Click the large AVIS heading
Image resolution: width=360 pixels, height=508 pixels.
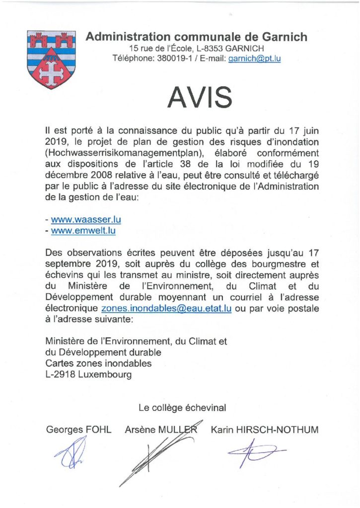point(200,97)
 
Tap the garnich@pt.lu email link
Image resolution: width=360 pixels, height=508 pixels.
point(254,58)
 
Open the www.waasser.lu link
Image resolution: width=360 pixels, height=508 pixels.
point(86,219)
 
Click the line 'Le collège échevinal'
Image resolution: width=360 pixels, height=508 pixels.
point(182,408)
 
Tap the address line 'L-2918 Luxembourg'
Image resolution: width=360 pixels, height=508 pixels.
point(88,375)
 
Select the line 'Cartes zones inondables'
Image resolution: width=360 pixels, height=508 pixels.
point(98,364)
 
